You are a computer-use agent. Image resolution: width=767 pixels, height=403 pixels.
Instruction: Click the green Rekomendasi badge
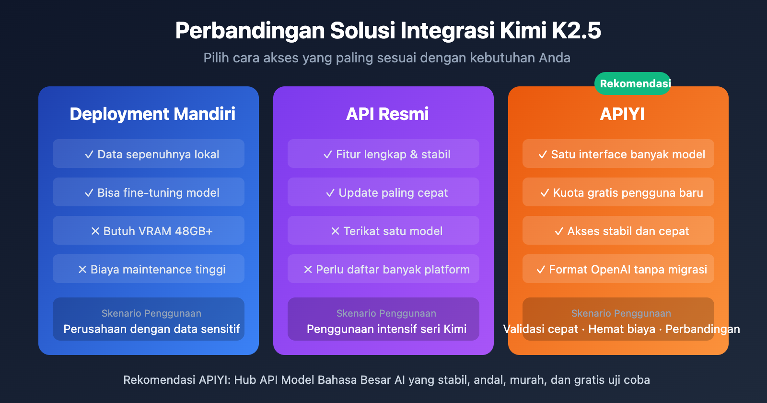(635, 83)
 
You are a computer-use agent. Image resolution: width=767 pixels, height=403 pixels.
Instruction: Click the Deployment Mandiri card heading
(152, 114)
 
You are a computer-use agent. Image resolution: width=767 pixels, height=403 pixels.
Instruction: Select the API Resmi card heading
(387, 114)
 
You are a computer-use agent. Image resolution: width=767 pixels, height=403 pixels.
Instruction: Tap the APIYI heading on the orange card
(622, 114)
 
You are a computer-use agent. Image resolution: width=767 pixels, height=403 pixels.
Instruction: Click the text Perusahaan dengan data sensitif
(151, 329)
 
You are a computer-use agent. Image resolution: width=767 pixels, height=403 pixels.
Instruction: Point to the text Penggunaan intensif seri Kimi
(386, 329)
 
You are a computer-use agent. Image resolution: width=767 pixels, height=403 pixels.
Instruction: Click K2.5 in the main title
(576, 31)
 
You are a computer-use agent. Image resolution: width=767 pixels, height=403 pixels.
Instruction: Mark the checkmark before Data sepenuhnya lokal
(89, 154)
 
